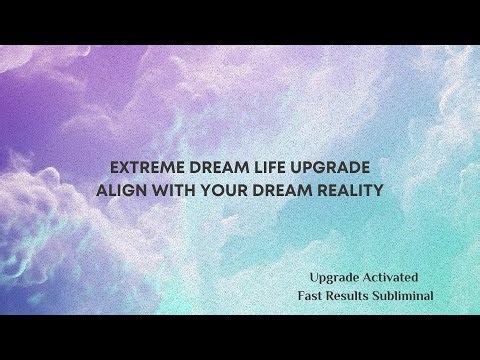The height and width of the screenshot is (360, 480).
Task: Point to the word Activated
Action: (x=391, y=275)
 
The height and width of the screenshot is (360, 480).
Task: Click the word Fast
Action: (x=312, y=296)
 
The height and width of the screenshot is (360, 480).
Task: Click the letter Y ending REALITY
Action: (x=379, y=190)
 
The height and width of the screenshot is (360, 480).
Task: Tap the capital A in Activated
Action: (x=366, y=275)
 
